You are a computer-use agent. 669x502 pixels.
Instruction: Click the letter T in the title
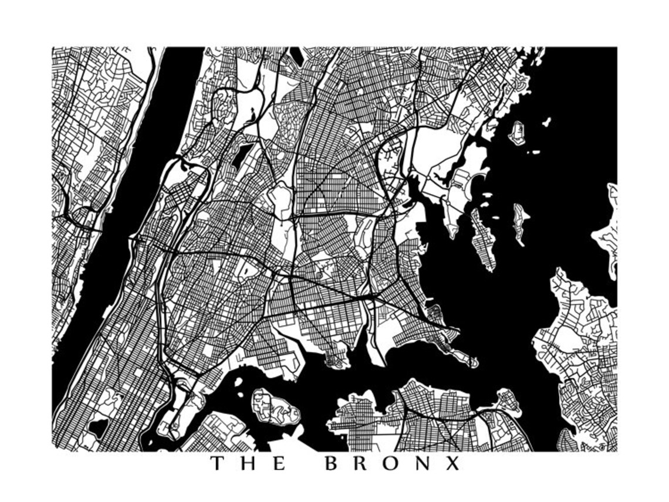pos(218,464)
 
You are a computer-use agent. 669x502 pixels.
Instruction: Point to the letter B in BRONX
pos(332,464)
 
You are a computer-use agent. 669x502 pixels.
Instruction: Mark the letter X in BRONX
pos(452,464)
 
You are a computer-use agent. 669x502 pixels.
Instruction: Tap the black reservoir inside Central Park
pos(98,427)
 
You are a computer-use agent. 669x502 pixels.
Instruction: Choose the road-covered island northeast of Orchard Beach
pos(517,132)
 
